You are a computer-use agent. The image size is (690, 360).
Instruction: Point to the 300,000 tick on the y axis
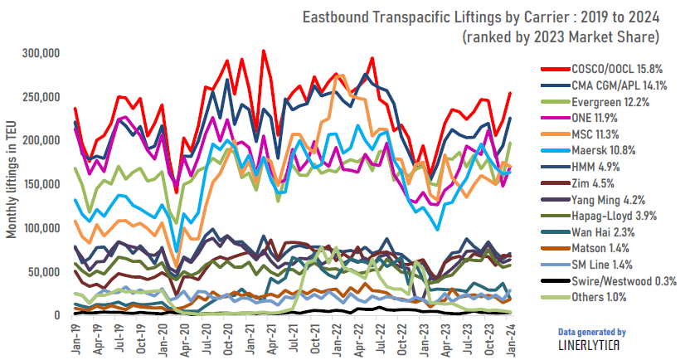tap(41, 53)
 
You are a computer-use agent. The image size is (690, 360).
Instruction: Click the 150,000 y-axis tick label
tap(41, 184)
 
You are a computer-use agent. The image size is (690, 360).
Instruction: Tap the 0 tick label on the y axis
tap(57, 315)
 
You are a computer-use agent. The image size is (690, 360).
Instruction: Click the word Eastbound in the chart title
tap(334, 17)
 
